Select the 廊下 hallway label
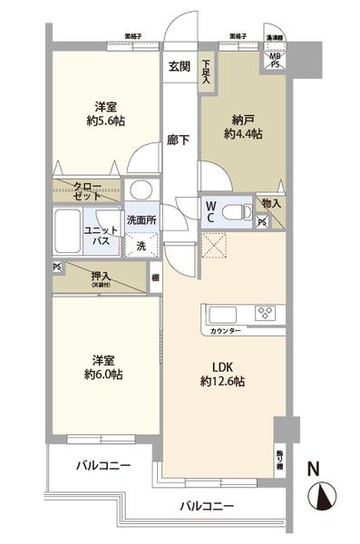pyautogui.click(x=178, y=141)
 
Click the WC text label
pyautogui.click(x=209, y=212)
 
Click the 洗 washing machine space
pyautogui.click(x=141, y=245)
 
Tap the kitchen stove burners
pyautogui.click(x=267, y=315)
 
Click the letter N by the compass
pyautogui.click(x=313, y=469)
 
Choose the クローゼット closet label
pyautogui.click(x=88, y=189)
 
